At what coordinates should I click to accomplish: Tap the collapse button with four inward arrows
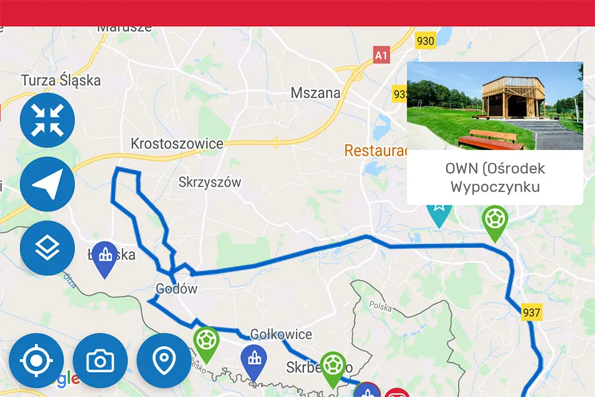click(x=47, y=120)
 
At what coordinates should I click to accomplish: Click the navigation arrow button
click(x=47, y=184)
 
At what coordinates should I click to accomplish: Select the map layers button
click(x=47, y=248)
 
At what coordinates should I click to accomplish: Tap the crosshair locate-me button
click(x=36, y=361)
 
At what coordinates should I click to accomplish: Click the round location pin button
click(x=164, y=361)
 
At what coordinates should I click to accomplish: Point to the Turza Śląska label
click(x=61, y=80)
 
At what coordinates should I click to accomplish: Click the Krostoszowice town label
click(x=177, y=143)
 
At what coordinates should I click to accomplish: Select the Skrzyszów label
click(x=209, y=183)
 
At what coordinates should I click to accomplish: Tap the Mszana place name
click(x=315, y=93)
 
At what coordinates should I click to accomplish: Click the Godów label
click(x=176, y=289)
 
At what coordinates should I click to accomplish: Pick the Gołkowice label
click(x=281, y=334)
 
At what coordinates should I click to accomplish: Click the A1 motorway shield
click(x=381, y=55)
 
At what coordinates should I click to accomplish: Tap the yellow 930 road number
click(x=425, y=41)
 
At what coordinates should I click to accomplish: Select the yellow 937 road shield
click(x=531, y=312)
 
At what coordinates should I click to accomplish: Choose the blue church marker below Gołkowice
click(x=254, y=360)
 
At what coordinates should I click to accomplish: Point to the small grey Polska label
click(x=380, y=307)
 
